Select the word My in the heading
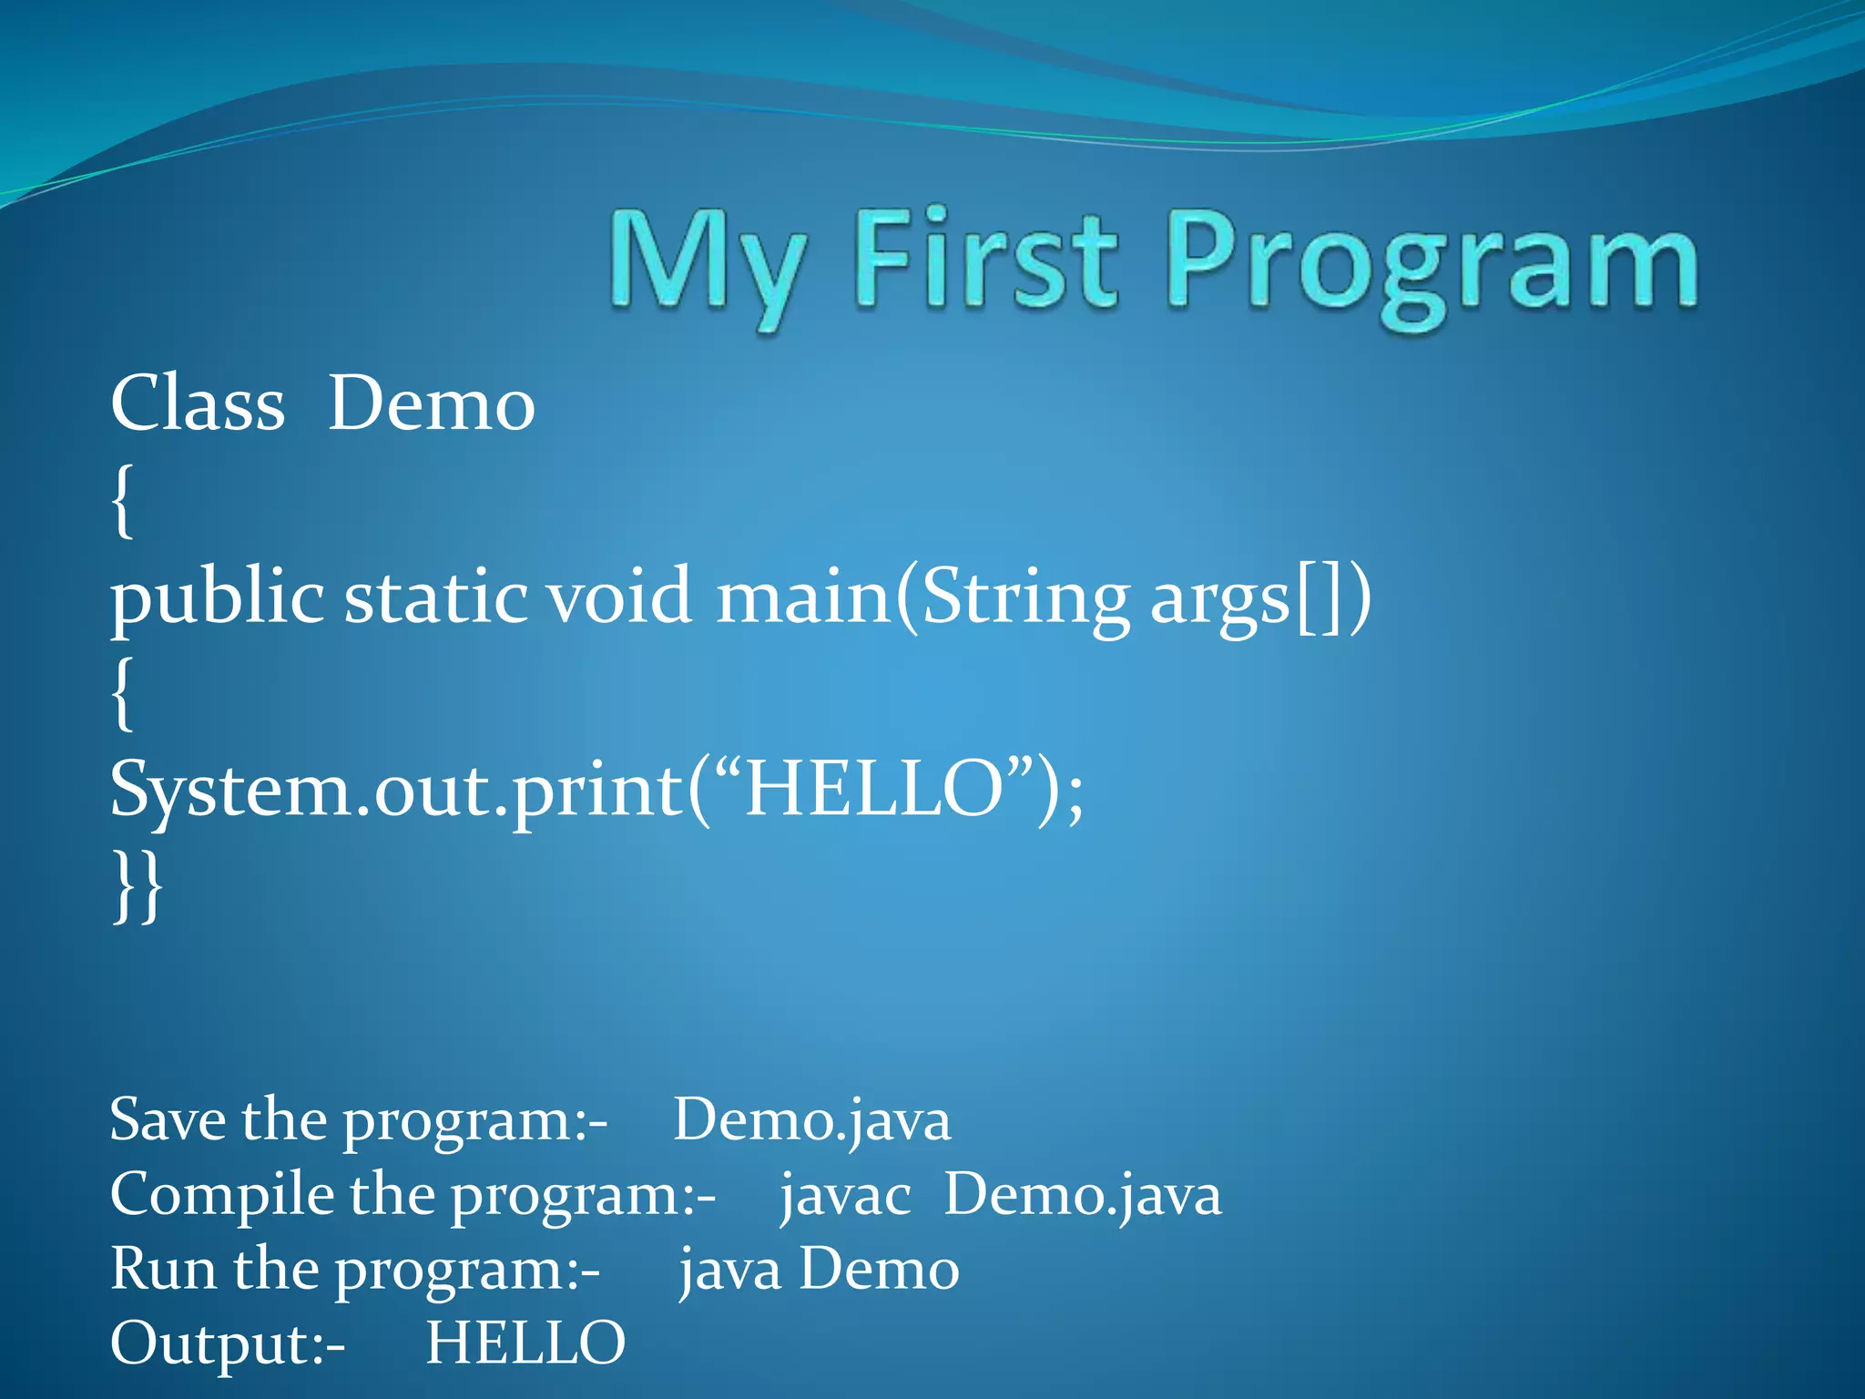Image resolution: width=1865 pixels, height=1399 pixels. click(x=706, y=264)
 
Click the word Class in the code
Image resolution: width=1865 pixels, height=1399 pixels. click(x=197, y=403)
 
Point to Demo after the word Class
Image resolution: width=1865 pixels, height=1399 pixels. click(x=431, y=403)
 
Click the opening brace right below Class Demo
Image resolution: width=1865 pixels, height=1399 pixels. click(x=122, y=501)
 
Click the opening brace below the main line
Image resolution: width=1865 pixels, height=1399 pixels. click(x=122, y=694)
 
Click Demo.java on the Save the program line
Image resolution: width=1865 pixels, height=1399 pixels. click(x=811, y=1120)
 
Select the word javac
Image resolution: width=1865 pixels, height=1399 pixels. click(x=845, y=1195)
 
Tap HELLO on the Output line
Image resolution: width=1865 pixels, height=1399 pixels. click(x=525, y=1343)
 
